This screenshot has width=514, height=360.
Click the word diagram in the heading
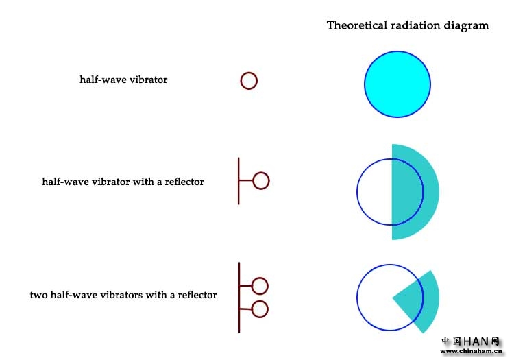467,25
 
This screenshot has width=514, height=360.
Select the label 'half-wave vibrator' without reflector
123,80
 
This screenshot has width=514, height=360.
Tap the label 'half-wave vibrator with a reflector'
123,182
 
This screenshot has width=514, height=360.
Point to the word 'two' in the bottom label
38,295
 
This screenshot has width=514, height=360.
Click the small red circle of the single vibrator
249,81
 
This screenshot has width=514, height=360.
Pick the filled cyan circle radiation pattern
397,84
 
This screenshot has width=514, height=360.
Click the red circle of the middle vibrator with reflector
260,181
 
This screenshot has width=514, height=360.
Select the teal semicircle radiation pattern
415,192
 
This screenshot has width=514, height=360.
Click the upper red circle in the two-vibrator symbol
260,285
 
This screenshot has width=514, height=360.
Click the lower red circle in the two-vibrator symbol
260,309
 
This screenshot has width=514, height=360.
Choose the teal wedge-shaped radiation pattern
419,302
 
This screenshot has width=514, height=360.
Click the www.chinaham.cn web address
472,351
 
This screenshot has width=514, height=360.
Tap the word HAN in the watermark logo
477,341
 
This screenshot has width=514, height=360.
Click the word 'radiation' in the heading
417,25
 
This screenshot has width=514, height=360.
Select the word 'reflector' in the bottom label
197,295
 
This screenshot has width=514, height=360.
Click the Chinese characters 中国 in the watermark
451,341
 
